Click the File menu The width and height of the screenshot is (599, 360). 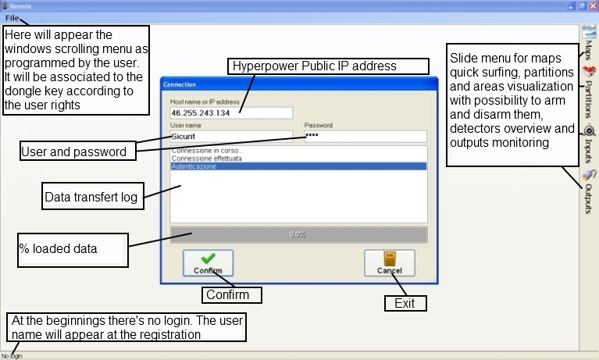(x=12, y=18)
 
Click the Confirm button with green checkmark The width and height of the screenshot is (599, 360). (x=208, y=264)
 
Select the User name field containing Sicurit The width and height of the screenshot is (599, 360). (x=231, y=136)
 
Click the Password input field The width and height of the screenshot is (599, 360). (x=365, y=136)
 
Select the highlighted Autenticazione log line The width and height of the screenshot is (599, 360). (x=298, y=166)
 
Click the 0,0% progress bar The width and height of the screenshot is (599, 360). (x=298, y=233)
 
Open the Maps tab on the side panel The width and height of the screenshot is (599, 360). (x=589, y=43)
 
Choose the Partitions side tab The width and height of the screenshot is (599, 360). (x=589, y=90)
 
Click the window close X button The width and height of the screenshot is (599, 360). (x=592, y=5)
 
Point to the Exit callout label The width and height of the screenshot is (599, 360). (x=405, y=303)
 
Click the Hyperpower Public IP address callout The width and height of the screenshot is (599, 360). (x=329, y=66)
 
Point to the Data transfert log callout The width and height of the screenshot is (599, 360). (x=91, y=198)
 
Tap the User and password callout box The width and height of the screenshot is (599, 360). (x=73, y=151)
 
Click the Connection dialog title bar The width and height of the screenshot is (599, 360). (x=297, y=84)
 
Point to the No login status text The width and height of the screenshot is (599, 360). (x=12, y=356)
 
